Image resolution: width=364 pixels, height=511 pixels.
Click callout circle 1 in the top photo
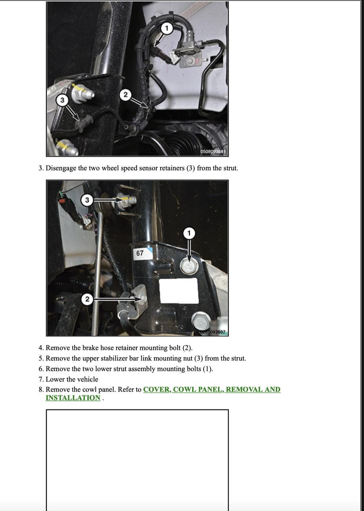pyautogui.click(x=166, y=28)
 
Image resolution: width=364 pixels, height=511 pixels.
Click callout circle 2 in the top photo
pyautogui.click(x=125, y=95)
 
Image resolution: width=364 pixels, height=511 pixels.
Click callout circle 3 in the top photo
pyautogui.click(x=62, y=100)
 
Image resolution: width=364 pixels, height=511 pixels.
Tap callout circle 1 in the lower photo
pyautogui.click(x=189, y=233)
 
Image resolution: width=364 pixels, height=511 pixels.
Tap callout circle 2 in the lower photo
pyautogui.click(x=87, y=299)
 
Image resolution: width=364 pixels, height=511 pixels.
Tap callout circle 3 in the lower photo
pyautogui.click(x=87, y=200)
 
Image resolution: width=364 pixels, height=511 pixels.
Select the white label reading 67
pyautogui.click(x=140, y=253)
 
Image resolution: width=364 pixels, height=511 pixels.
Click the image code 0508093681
pyautogui.click(x=213, y=151)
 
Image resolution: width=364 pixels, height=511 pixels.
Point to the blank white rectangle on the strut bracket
pyautogui.click(x=179, y=291)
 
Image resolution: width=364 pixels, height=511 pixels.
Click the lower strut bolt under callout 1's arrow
pyautogui.click(x=188, y=266)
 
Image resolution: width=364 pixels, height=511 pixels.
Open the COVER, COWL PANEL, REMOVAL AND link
pyautogui.click(x=212, y=390)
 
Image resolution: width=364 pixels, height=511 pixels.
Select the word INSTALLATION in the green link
pyautogui.click(x=73, y=398)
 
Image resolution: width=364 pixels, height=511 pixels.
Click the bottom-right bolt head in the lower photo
pyautogui.click(x=199, y=320)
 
